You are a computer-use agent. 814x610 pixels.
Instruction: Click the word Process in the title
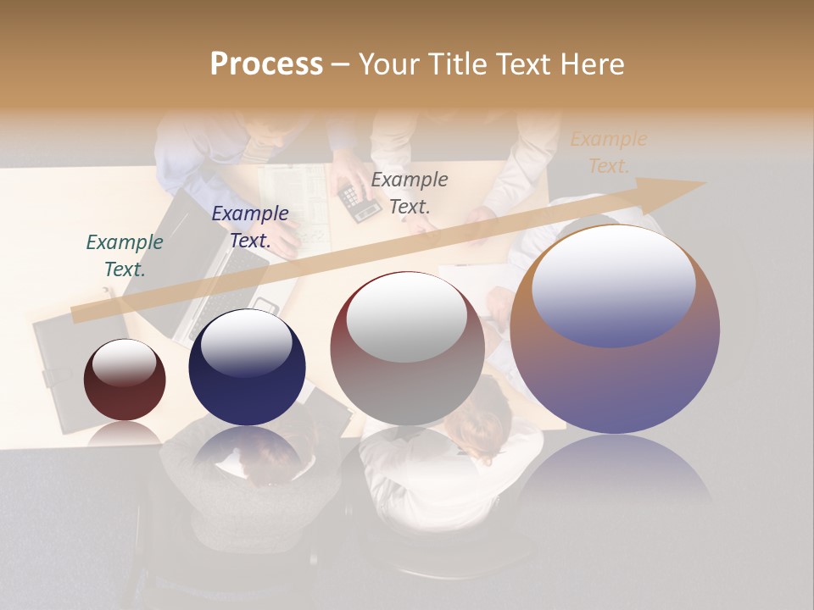click(x=266, y=64)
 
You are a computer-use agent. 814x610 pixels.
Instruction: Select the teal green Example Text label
click(x=125, y=256)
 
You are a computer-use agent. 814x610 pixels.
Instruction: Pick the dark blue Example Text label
click(x=250, y=227)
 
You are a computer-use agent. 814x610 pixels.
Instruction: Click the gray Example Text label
click(x=410, y=193)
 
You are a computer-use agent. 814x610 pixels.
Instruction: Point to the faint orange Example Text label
click(x=608, y=152)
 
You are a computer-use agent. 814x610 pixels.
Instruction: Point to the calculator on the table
click(x=359, y=202)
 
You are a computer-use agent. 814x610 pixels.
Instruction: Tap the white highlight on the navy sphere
click(x=246, y=342)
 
